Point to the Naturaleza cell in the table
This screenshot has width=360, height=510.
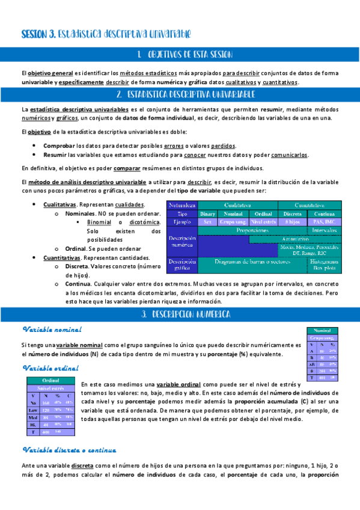(x=182, y=205)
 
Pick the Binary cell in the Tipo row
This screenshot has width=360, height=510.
(x=207, y=214)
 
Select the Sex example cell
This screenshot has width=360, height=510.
(x=207, y=221)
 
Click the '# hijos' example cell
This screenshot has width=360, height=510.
(x=293, y=221)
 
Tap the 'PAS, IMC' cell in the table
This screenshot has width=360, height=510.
(x=324, y=221)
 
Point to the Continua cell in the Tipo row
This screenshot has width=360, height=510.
(x=324, y=214)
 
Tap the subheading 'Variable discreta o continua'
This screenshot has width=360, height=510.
(x=69, y=449)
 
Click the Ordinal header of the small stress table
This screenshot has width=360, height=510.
(x=50, y=380)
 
